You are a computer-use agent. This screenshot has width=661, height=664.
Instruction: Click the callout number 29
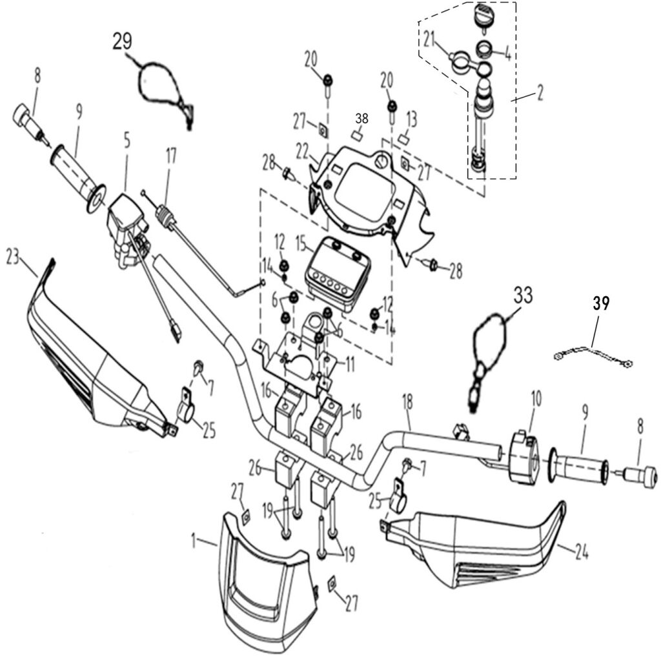pos(122,42)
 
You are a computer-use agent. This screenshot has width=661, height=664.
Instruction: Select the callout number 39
pos(600,303)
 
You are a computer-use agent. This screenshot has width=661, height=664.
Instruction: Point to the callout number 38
pos(361,119)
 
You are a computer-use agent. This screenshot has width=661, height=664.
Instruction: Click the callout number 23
pos(13,257)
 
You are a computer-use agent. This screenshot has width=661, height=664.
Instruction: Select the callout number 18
pos(407,402)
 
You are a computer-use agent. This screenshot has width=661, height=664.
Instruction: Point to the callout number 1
pos(194,541)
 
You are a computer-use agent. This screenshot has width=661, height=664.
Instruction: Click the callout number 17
pos(171,157)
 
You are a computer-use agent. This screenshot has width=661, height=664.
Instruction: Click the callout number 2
pos(540,94)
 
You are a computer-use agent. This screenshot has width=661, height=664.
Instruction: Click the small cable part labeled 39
pos(593,355)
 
